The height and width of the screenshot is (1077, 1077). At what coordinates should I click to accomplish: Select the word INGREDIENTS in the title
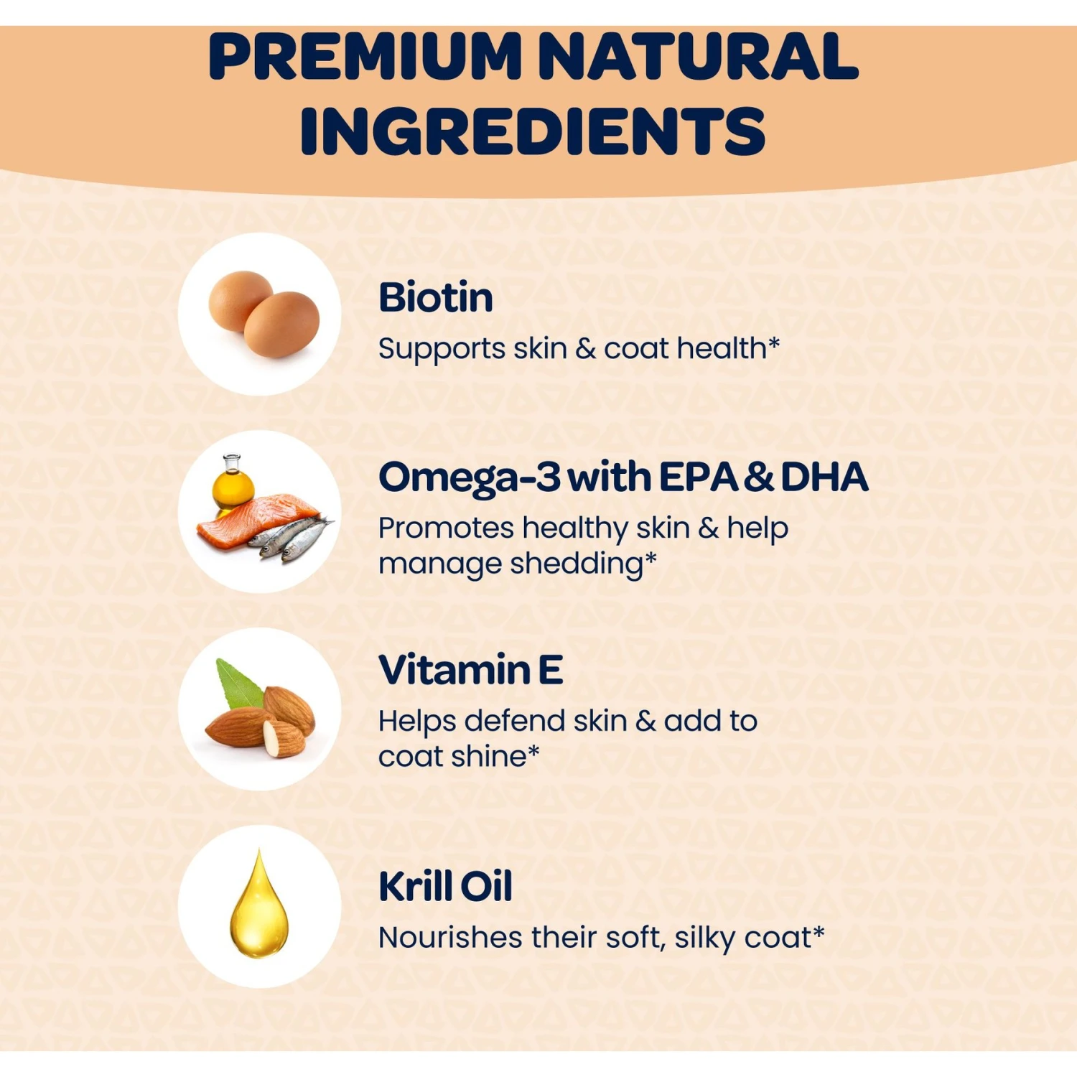click(533, 131)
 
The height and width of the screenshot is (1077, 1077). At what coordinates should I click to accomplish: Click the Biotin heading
click(436, 297)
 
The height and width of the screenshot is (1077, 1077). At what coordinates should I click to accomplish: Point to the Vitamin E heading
click(470, 670)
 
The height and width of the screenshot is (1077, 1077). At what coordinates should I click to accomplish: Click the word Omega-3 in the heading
click(470, 478)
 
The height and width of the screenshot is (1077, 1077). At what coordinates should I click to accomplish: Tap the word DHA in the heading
click(824, 477)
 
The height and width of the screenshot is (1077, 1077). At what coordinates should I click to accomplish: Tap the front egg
click(281, 325)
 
